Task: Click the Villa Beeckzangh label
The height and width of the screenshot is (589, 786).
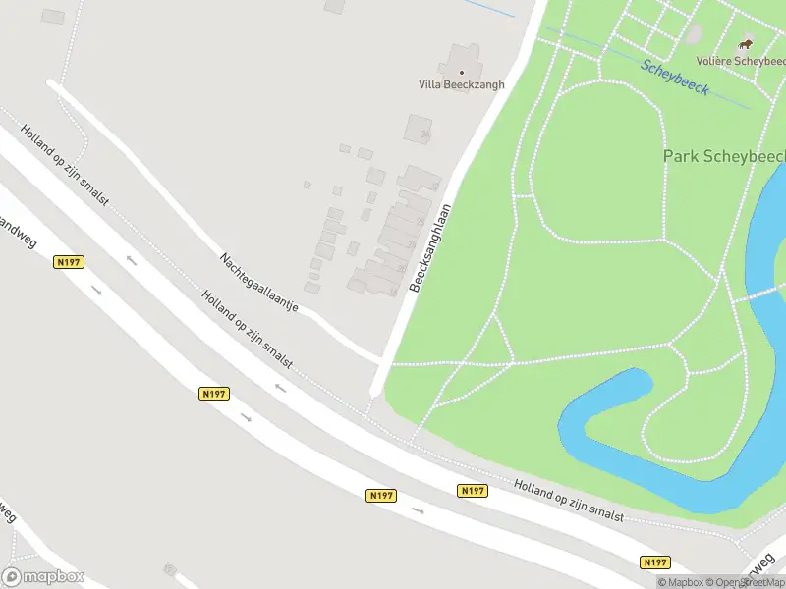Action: pyautogui.click(x=462, y=84)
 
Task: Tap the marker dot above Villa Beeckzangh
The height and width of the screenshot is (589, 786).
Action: pyautogui.click(x=462, y=72)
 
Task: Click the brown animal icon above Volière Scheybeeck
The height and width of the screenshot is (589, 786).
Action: pyautogui.click(x=746, y=45)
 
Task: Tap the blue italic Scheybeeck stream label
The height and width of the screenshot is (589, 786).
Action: pyautogui.click(x=676, y=77)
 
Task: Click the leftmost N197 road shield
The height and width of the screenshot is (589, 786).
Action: pyautogui.click(x=70, y=262)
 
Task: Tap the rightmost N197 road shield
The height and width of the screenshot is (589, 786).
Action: pyautogui.click(x=655, y=562)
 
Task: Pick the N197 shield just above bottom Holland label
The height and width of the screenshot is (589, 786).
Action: pyautogui.click(x=472, y=490)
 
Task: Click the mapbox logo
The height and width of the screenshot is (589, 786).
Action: pyautogui.click(x=43, y=577)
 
